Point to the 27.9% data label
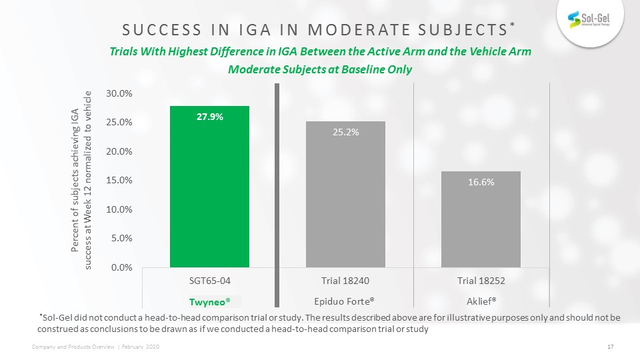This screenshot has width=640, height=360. point(210,117)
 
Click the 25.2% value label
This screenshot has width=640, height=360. point(346,132)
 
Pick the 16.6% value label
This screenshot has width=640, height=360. point(480,182)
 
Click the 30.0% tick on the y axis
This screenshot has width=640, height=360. point(119,94)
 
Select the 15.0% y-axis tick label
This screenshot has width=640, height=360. point(119,181)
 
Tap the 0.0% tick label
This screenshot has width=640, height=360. point(121,267)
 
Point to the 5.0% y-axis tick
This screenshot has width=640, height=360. point(121,238)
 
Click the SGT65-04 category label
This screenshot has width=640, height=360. point(210,280)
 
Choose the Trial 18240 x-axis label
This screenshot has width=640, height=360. point(346,280)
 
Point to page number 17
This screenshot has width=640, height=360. point(610,346)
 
